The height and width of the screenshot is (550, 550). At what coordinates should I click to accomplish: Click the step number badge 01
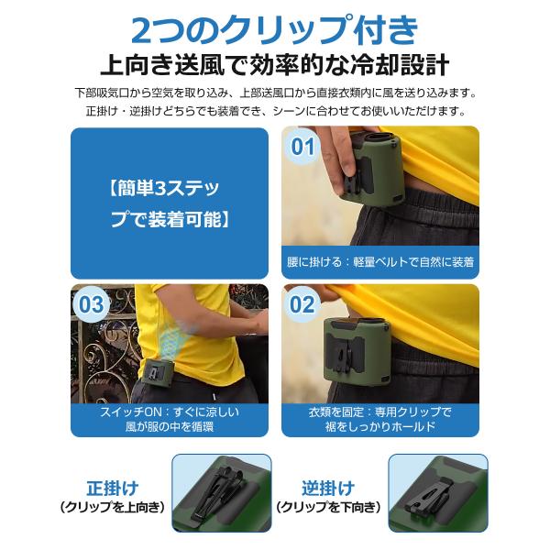tap(302, 147)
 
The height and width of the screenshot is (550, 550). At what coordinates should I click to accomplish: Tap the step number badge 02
tap(302, 304)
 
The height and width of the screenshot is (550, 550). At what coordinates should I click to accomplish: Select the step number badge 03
tap(91, 304)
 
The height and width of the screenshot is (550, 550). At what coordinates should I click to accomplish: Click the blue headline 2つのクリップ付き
tap(275, 29)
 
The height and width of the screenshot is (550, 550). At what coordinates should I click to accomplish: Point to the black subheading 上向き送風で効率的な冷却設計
tap(275, 65)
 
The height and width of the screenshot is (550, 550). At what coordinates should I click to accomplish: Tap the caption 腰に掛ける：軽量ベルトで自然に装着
tap(380, 262)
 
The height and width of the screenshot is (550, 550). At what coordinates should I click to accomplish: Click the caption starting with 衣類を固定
tap(380, 419)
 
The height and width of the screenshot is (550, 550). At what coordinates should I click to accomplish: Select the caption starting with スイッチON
tap(170, 419)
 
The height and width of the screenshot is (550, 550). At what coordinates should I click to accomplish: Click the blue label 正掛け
tap(112, 488)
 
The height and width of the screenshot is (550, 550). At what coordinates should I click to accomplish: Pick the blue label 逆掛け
tap(328, 488)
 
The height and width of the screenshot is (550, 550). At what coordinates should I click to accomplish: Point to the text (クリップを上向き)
tap(112, 507)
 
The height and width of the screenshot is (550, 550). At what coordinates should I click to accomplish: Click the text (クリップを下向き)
tap(328, 507)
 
